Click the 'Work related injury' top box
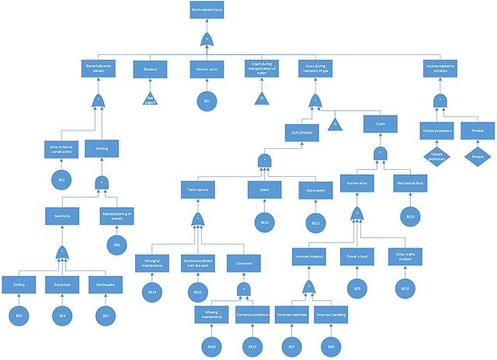click(207, 10)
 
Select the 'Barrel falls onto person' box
click(99, 69)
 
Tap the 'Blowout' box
click(150, 69)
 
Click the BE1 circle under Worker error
click(207, 102)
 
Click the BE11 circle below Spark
click(264, 223)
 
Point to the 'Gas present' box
click(315, 189)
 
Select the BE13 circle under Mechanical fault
click(409, 216)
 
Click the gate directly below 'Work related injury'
click(207, 39)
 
